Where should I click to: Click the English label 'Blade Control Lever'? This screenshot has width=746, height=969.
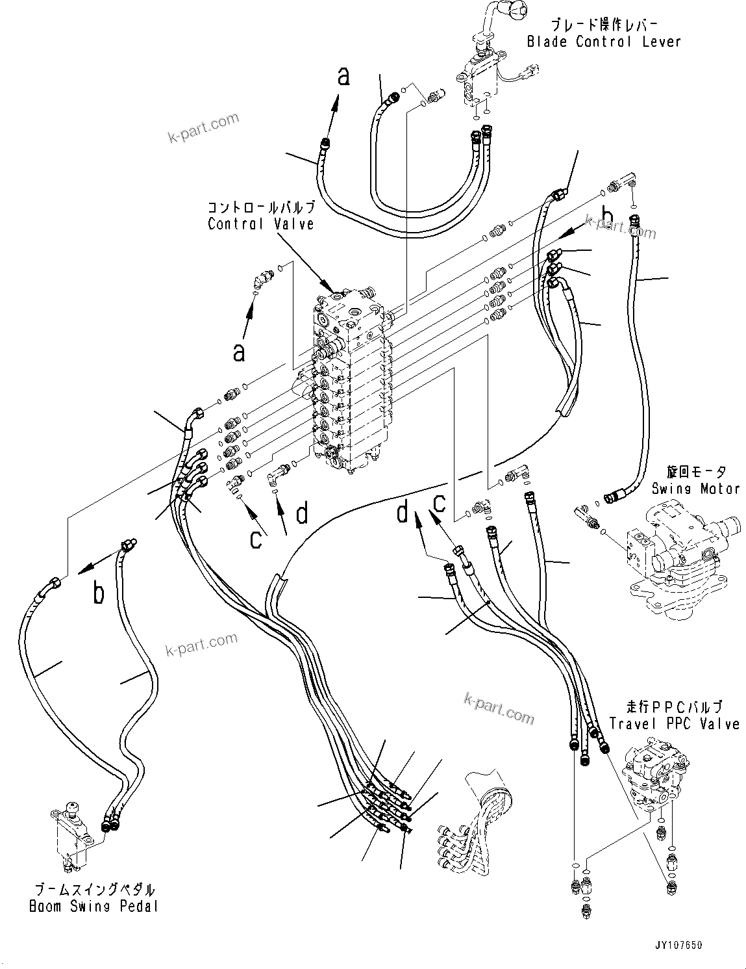coord(604,42)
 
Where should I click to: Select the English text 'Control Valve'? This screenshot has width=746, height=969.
coord(261,224)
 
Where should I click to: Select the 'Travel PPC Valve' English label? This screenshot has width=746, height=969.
coord(674,724)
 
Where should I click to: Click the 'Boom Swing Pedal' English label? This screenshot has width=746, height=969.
coord(93,906)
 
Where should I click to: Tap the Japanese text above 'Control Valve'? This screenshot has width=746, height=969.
coord(261,208)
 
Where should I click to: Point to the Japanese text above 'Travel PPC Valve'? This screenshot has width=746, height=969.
coord(674,707)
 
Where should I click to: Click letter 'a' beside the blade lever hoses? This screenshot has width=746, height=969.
coord(343,76)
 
